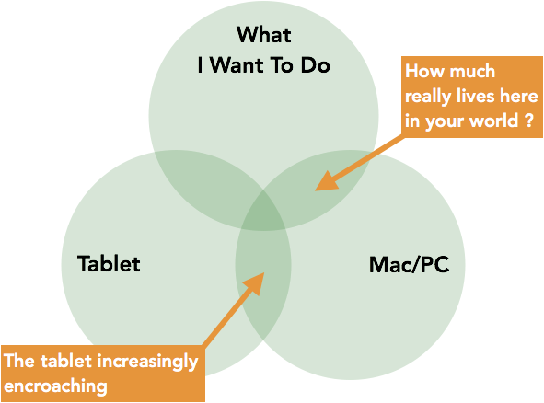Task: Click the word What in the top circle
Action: point(263,35)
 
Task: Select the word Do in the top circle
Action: point(315,64)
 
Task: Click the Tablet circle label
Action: point(109,263)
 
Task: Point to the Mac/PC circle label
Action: point(409,265)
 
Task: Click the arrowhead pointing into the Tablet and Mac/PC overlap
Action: point(256,282)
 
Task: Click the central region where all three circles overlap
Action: point(263,212)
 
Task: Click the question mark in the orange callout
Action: point(528,121)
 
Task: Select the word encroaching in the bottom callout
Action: point(55,386)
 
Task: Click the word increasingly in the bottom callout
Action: point(147,363)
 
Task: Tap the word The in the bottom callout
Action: point(19,361)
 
